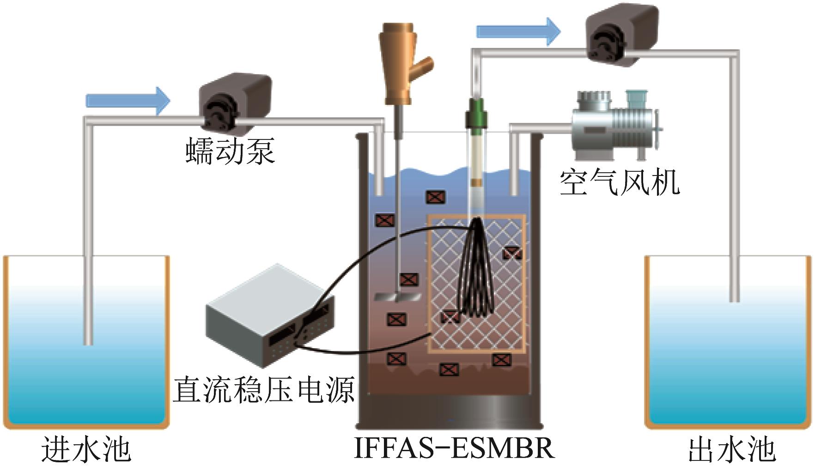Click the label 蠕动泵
pyautogui.click(x=230, y=151)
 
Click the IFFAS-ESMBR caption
pyautogui.click(x=454, y=448)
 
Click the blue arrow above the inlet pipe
pyautogui.click(x=128, y=100)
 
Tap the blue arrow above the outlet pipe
pyautogui.click(x=518, y=31)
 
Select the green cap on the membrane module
pyautogui.click(x=476, y=113)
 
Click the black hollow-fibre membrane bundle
pyautogui.click(x=476, y=268)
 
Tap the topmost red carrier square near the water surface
pyautogui.click(x=435, y=197)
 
